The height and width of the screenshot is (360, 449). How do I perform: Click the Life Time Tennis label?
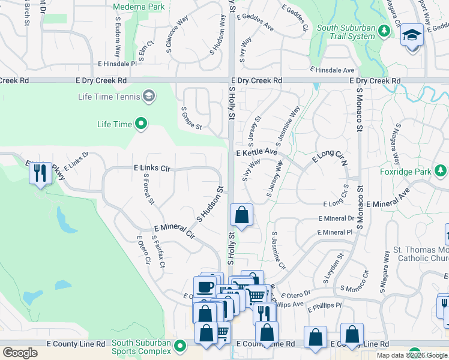point(109,96)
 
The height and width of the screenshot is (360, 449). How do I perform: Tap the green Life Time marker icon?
point(142,124)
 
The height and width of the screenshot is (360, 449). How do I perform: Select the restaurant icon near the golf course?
point(40,173)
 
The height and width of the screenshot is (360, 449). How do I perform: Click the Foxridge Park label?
point(405,172)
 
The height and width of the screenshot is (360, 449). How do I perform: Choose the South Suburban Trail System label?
point(346,32)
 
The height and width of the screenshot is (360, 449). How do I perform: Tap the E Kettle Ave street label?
point(256,153)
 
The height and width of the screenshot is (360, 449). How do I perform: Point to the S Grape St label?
point(192,118)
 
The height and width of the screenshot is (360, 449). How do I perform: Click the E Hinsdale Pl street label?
point(116,63)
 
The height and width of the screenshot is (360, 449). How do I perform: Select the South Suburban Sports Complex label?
point(141,347)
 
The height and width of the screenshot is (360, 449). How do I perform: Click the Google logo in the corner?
point(20,352)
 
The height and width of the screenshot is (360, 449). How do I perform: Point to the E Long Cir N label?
point(330,158)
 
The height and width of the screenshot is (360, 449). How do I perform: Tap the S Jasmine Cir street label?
point(279,251)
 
